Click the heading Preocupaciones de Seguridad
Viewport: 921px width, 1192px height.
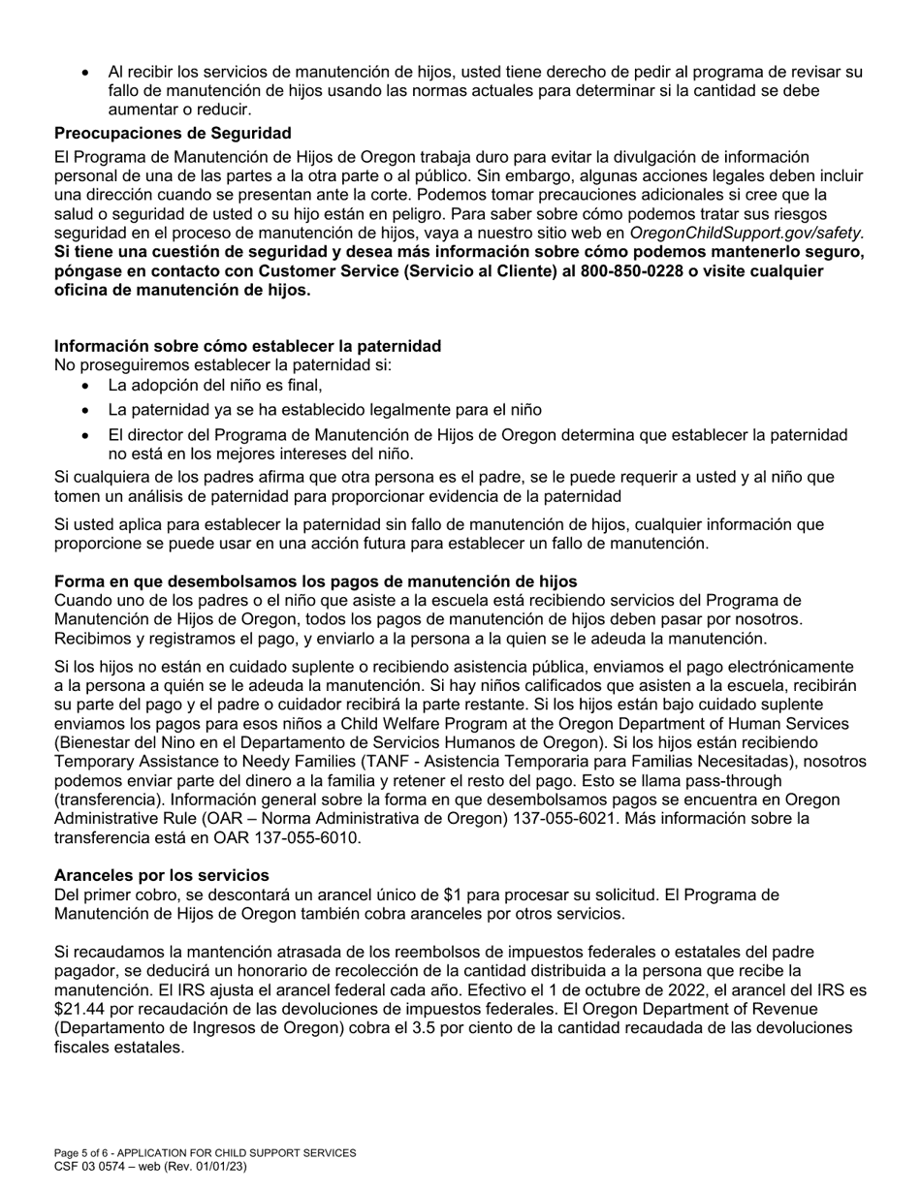[x=173, y=133]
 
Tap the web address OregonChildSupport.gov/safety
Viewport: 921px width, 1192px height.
[x=745, y=234]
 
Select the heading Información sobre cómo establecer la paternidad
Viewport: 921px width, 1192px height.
[x=247, y=346]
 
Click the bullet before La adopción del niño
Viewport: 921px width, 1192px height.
[x=87, y=386]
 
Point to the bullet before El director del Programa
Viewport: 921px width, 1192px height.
[x=87, y=436]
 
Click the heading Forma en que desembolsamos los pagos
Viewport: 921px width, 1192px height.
[x=315, y=581]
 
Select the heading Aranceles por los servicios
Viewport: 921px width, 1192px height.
[x=161, y=875]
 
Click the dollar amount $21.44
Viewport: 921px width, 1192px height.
[x=78, y=1010]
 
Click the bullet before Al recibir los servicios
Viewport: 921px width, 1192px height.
[x=87, y=73]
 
